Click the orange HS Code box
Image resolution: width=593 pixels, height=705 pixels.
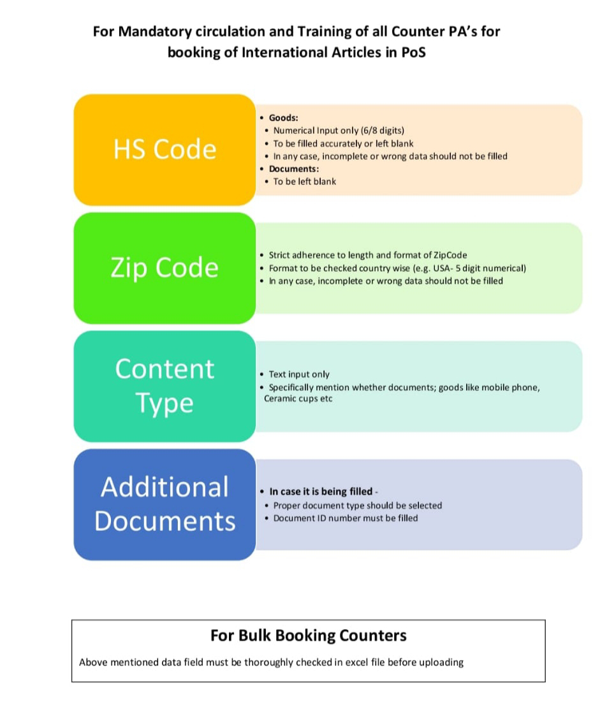[165, 149]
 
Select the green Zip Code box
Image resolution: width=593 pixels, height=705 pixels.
[165, 267]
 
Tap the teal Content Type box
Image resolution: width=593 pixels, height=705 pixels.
[165, 386]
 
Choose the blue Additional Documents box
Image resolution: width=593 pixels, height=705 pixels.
[165, 504]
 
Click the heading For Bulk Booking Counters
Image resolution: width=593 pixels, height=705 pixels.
[308, 636]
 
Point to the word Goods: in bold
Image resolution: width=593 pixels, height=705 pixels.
[283, 118]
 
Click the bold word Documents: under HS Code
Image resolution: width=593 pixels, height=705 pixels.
[294, 169]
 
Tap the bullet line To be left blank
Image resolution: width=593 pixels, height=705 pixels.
[304, 182]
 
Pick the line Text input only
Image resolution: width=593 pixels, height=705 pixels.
[299, 374]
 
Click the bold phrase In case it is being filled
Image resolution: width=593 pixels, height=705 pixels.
[321, 492]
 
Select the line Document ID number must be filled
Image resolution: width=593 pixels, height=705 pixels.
[346, 518]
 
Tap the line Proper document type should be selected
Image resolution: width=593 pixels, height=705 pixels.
[357, 505]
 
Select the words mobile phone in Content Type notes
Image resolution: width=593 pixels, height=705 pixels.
[510, 388]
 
